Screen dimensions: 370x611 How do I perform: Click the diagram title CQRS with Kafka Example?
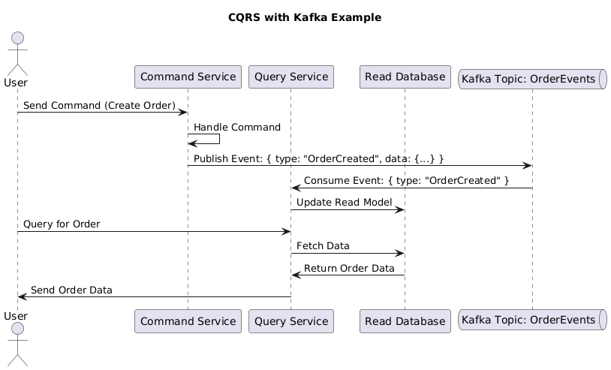[x=305, y=17]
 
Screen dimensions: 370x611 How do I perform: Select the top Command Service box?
[x=188, y=77]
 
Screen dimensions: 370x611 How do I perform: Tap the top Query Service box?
[x=290, y=77]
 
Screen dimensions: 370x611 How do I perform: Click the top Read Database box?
[x=405, y=77]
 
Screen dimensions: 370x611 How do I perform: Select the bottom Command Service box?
[x=188, y=321]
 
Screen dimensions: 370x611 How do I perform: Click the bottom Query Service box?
[x=290, y=321]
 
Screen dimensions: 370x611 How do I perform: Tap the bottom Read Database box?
[x=405, y=321]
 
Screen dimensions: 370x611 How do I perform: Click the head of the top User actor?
[x=17, y=38]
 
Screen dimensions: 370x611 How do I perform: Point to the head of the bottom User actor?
[x=17, y=332]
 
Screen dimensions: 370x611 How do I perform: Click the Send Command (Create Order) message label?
[x=99, y=106]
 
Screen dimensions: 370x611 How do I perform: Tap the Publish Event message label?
[x=318, y=158]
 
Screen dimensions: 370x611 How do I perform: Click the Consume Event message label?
[x=406, y=180]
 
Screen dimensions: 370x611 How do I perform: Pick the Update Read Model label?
[x=344, y=203]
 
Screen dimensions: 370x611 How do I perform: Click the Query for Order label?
[x=62, y=224]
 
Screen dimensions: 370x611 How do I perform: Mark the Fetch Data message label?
[x=323, y=246]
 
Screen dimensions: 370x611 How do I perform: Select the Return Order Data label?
[x=349, y=269]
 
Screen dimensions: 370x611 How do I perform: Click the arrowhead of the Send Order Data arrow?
[x=21, y=297]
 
